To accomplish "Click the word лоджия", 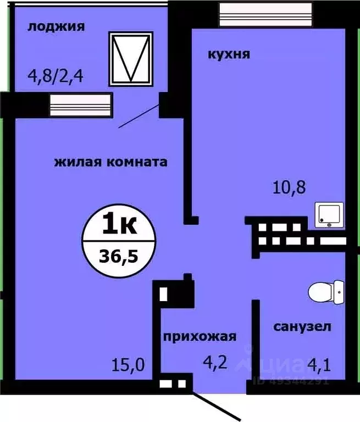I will pyautogui.click(x=56, y=26).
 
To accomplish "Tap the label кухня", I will pyautogui.click(x=229, y=54).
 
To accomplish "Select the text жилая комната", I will pyautogui.click(x=110, y=162).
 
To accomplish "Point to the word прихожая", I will pyautogui.click(x=199, y=337).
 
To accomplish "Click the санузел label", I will pyautogui.click(x=302, y=327).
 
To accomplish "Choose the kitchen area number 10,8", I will pyautogui.click(x=289, y=188).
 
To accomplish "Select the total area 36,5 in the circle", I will pyautogui.click(x=119, y=256).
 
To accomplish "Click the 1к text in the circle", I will pyautogui.click(x=119, y=225).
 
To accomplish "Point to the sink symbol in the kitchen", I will pyautogui.click(x=330, y=215).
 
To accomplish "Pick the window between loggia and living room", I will pyautogui.click(x=81, y=104).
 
